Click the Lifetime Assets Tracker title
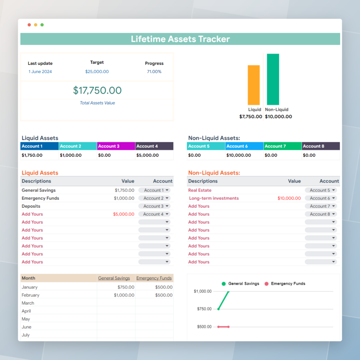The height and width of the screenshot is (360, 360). [180, 39]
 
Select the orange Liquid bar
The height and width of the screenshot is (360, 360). [254, 85]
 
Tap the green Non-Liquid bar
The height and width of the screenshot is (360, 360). [273, 79]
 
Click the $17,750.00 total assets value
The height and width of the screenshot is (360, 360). [97, 90]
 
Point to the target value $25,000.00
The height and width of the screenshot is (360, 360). [97, 72]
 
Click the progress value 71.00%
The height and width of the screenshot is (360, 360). [154, 72]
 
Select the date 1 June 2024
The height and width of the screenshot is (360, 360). [40, 72]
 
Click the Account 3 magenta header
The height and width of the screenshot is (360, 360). [116, 146]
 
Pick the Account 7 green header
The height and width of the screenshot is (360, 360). [282, 146]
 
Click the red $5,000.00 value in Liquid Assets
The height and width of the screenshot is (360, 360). [124, 214]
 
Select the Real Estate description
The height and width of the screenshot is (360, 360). [200, 190]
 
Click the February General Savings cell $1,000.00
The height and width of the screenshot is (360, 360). [124, 295]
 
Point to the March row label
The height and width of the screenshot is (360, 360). [28, 303]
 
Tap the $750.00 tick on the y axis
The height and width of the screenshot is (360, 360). [204, 309]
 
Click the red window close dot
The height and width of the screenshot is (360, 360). [29, 25]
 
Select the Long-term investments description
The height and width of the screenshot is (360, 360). [214, 198]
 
